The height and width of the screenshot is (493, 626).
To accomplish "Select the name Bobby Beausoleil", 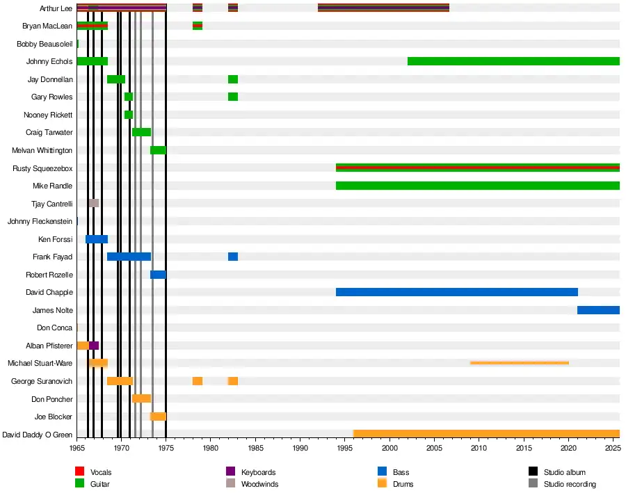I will tap(45, 44).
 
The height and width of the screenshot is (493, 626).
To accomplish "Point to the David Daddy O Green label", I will tap(38, 435).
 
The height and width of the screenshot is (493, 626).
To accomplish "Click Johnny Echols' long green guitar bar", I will tap(513, 61).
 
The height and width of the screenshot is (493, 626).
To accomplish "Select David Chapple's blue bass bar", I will tap(456, 292).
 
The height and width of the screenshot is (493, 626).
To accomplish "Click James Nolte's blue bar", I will tap(598, 310).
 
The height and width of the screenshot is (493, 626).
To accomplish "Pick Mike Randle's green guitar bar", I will tap(477, 186).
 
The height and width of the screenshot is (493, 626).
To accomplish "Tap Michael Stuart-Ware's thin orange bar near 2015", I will tap(520, 363).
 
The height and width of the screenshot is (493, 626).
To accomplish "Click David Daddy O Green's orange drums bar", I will tap(486, 434).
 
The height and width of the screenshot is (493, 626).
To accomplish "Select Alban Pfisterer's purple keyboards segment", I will tap(94, 346).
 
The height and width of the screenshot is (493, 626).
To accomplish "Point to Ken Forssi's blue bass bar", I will tap(97, 239).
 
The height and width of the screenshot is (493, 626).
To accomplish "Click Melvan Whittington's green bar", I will tap(158, 150).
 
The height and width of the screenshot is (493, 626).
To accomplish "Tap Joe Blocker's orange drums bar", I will tap(158, 417).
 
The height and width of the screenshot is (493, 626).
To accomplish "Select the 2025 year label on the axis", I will tap(612, 449).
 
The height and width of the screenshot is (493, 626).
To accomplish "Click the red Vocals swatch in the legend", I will tap(80, 472).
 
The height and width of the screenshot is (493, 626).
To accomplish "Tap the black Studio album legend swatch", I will tap(533, 472).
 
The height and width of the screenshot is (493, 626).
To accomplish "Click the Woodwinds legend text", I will tap(259, 484).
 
